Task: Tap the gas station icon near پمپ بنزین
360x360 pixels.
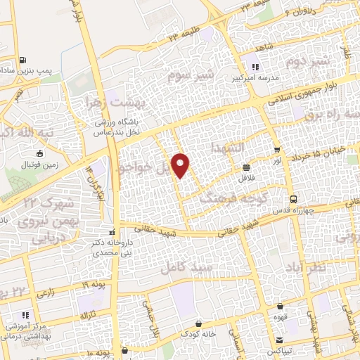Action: point(25,60)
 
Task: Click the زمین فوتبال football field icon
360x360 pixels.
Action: point(40,153)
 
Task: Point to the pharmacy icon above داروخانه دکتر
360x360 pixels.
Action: point(112,232)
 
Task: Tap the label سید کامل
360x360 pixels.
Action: point(181,267)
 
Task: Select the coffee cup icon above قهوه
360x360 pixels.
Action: point(281,307)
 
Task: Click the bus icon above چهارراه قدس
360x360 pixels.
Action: point(295,200)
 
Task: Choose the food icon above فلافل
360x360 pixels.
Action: point(247,168)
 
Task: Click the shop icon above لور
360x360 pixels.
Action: point(277,150)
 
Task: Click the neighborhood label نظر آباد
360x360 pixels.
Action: point(328,267)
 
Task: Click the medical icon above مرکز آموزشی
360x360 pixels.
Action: point(27,316)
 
